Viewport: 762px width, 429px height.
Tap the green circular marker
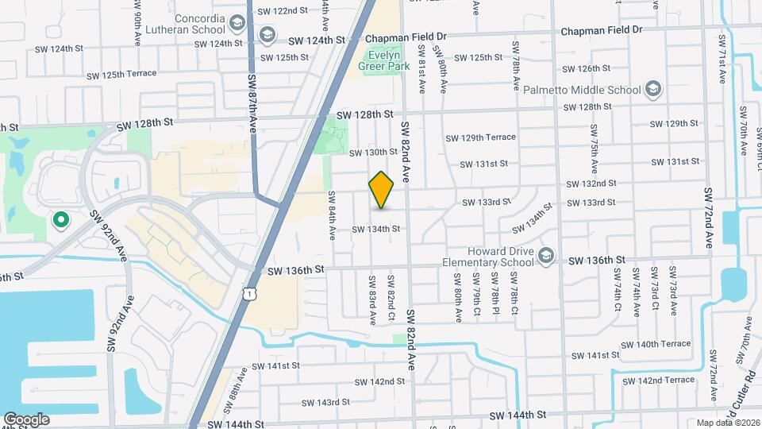[x=59, y=220]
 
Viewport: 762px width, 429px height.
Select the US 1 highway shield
[x=250, y=294]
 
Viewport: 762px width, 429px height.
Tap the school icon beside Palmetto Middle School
[x=653, y=89]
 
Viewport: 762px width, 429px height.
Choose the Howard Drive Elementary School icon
[x=545, y=255]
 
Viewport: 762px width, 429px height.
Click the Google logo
[x=26, y=419]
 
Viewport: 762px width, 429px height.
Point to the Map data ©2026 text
[x=727, y=423]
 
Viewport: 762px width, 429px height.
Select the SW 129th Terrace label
[x=480, y=137]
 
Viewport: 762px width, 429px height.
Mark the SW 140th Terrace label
[x=656, y=344]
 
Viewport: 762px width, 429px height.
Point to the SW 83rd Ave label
[x=371, y=300]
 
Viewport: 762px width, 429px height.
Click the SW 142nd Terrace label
[x=659, y=381]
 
